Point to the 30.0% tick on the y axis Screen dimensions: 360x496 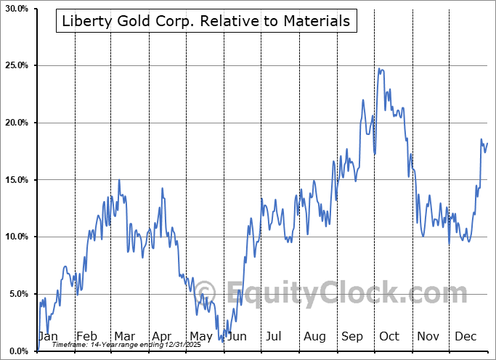[15, 9]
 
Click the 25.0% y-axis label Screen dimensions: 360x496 [15, 65]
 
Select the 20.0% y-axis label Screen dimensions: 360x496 [15, 123]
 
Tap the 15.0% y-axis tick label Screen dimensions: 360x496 [15, 179]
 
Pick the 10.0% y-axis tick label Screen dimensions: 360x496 [15, 237]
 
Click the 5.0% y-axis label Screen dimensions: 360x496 [17, 294]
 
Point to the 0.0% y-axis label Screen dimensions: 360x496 [17, 351]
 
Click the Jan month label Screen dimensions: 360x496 [47, 337]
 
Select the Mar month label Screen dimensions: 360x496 [123, 337]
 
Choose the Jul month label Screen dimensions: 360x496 [274, 337]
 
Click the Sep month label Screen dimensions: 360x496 [351, 337]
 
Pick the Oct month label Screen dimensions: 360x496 [389, 337]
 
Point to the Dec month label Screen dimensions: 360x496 [465, 337]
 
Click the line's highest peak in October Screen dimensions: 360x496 [378, 69]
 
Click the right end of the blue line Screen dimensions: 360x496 [487, 143]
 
